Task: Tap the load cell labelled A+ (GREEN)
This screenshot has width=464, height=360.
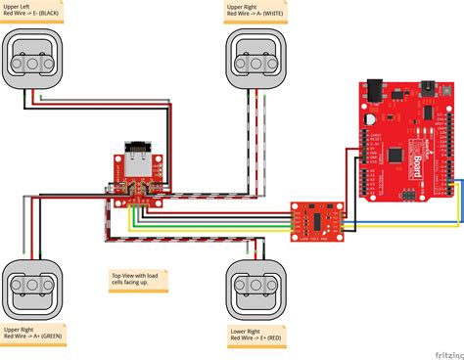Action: click(31, 287)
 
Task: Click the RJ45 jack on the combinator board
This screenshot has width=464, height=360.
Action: click(134, 156)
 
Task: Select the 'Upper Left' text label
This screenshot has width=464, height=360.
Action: click(19, 6)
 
